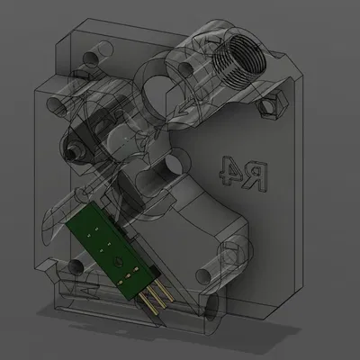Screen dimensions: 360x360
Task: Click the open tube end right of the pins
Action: (x=209, y=306)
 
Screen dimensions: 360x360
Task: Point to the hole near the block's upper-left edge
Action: (x=53, y=106)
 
